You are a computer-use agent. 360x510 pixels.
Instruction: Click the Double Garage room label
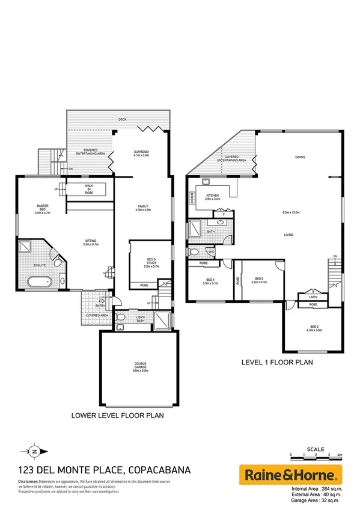[x=140, y=366]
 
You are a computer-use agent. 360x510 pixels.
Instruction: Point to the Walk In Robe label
[x=89, y=189]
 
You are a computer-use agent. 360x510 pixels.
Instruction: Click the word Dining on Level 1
[x=300, y=158]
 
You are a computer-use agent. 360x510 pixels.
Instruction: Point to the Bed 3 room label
[x=260, y=280]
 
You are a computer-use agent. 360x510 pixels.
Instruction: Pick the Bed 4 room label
[x=210, y=281]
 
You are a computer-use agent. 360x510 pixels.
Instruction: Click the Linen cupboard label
[x=313, y=296]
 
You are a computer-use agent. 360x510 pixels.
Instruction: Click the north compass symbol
[x=35, y=450]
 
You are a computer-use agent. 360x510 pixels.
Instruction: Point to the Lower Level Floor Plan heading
[x=118, y=415]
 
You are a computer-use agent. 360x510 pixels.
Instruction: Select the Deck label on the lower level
[x=122, y=120]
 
